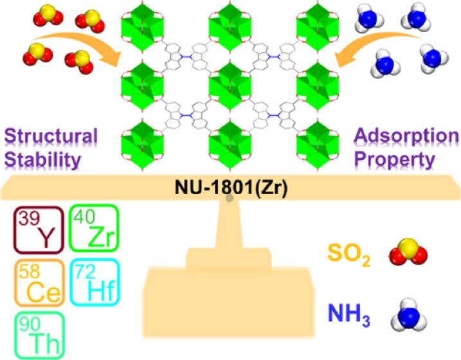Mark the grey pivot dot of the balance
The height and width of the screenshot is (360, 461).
pyautogui.click(x=230, y=198)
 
